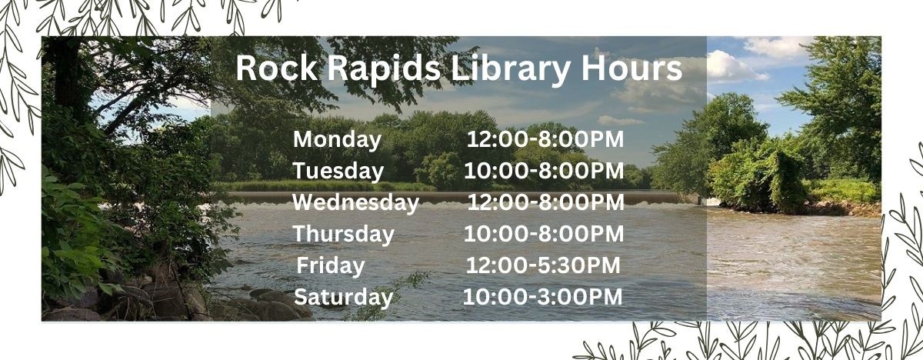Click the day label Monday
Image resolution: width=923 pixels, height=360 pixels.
click(337, 139)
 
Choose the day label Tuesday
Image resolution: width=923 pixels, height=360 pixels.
click(338, 171)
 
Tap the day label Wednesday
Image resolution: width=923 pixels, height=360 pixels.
click(355, 202)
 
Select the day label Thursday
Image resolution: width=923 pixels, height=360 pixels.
click(343, 234)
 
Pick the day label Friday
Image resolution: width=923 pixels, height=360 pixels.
click(331, 265)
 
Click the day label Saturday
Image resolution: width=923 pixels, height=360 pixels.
click(343, 296)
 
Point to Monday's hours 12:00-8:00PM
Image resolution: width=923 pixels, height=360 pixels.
click(545, 139)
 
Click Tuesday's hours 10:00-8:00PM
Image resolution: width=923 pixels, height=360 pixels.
click(543, 171)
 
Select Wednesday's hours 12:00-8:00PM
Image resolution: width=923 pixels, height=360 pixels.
click(545, 202)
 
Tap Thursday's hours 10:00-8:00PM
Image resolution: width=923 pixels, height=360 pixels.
click(543, 234)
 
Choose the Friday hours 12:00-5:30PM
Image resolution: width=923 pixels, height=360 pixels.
click(542, 265)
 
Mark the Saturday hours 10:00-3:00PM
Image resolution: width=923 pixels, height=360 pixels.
click(542, 296)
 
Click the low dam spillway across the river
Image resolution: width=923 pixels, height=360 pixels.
click(461, 198)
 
